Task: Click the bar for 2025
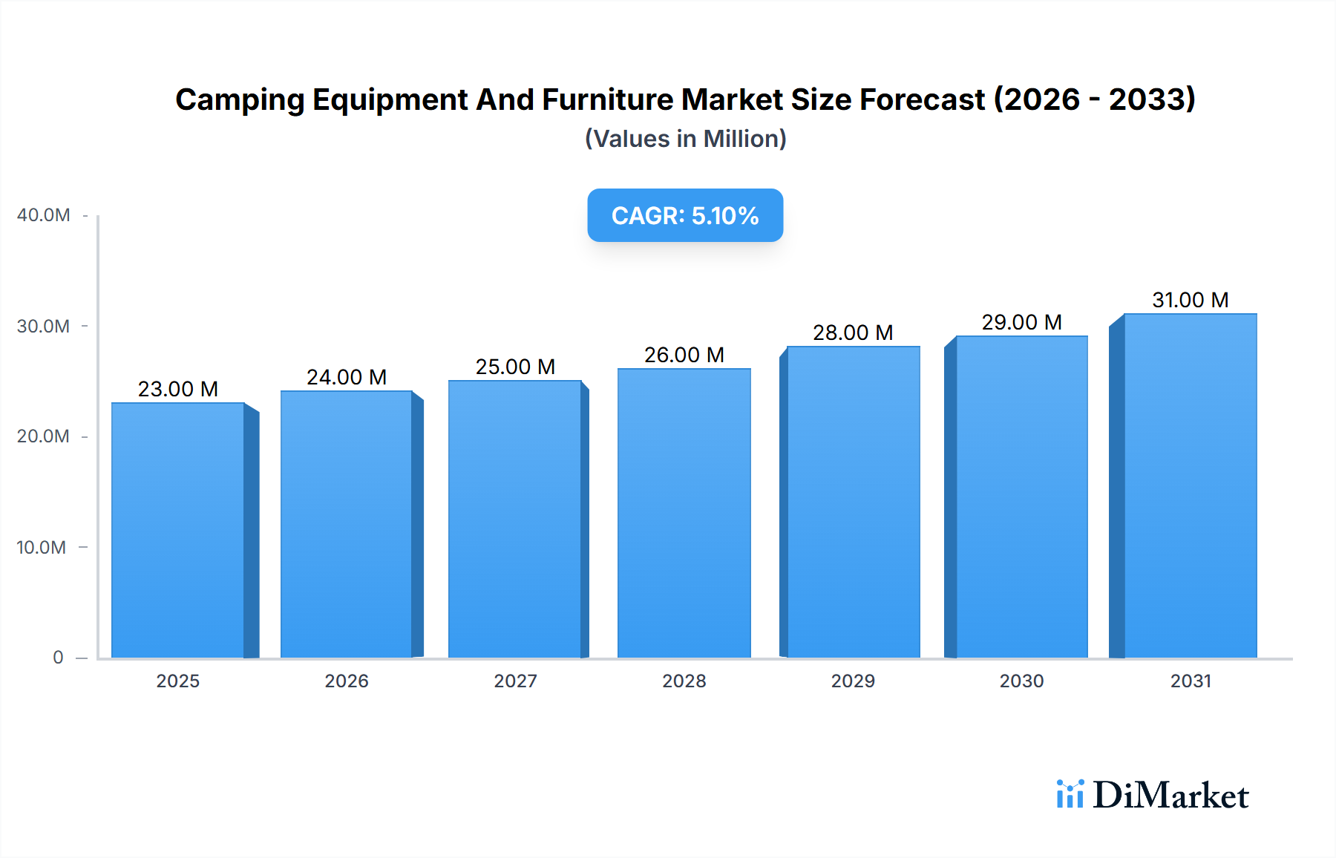[x=178, y=530]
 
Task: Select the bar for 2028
[x=684, y=513]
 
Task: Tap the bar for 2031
[x=1190, y=485]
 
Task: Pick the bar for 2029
[x=853, y=502]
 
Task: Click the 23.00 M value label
[x=178, y=389]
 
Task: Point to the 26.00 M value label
[x=684, y=355]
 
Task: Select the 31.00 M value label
[x=1190, y=300]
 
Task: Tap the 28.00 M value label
[x=853, y=333]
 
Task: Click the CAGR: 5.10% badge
[x=684, y=215]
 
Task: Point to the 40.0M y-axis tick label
[x=43, y=215]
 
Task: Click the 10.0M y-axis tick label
[x=42, y=548]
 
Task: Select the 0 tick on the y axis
[x=58, y=658]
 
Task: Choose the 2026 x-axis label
[x=347, y=681]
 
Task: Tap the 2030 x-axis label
[x=1021, y=681]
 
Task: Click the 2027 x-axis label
[x=515, y=681]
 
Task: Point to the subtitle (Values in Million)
[x=685, y=139]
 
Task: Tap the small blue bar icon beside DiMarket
[x=1070, y=793]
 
